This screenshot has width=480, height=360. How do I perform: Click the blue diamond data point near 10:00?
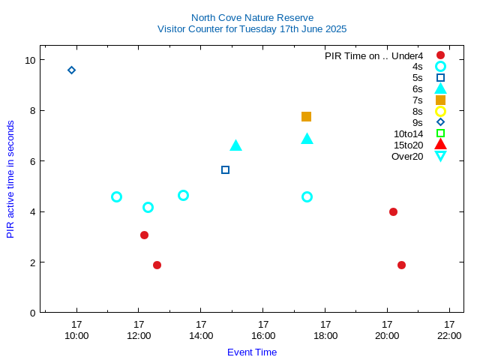(71, 70)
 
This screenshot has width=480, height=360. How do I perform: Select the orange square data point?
(306, 116)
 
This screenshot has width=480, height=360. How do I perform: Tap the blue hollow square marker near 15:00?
(225, 169)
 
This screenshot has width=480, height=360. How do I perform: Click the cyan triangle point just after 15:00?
(235, 145)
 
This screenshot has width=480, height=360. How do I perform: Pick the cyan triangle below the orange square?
(307, 139)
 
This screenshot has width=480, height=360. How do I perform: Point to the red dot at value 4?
(393, 211)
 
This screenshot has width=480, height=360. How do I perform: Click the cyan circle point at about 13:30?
(183, 195)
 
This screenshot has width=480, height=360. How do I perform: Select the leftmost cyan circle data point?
(116, 196)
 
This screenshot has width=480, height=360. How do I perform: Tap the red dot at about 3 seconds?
(144, 235)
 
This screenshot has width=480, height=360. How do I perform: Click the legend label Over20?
(407, 156)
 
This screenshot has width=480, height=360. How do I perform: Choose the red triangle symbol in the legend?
(440, 145)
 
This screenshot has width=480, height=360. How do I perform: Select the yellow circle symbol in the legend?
(440, 111)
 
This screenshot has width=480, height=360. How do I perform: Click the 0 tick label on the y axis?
(32, 313)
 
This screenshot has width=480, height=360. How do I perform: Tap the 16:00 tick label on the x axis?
(263, 335)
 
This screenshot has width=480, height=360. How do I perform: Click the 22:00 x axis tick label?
(449, 335)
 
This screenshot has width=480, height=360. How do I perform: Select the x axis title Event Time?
(252, 352)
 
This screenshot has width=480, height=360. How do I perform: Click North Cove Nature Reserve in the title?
(252, 17)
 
